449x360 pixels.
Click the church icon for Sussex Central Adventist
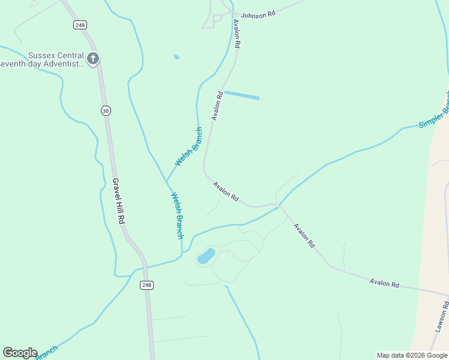click(x=92, y=59)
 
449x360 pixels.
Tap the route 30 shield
click(x=106, y=110)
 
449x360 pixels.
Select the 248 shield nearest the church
click(x=80, y=25)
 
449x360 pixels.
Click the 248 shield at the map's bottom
click(x=147, y=285)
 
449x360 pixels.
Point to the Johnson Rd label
click(x=258, y=15)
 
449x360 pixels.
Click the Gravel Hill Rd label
click(x=118, y=201)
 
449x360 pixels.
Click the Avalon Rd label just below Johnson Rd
click(x=237, y=34)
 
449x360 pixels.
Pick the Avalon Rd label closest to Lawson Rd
click(x=384, y=283)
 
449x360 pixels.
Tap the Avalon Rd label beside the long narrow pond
click(x=217, y=106)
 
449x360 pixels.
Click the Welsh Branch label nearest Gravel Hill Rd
click(x=176, y=215)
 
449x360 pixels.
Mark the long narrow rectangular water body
click(x=241, y=95)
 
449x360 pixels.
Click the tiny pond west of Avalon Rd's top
click(x=176, y=57)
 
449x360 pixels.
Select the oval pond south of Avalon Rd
click(x=206, y=256)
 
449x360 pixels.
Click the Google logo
click(x=20, y=353)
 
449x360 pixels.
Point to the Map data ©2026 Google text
click(x=412, y=355)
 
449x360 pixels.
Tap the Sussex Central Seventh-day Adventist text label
click(x=42, y=59)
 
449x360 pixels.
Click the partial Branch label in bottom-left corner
click(x=47, y=352)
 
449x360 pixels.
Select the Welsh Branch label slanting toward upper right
click(x=188, y=147)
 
